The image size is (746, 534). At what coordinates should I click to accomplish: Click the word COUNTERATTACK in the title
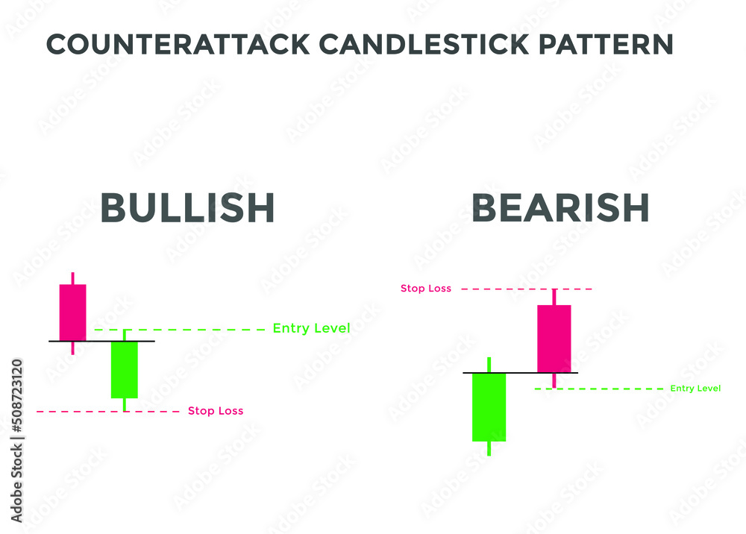point(178,45)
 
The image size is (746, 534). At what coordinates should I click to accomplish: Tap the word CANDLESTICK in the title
point(424,45)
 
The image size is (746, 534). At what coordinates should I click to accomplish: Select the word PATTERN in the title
point(606,45)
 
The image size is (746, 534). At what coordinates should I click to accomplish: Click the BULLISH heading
point(187,208)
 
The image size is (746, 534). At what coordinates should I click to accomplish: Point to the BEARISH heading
point(560,208)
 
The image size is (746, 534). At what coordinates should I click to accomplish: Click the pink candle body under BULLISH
point(73,312)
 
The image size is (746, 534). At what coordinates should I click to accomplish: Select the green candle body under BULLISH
point(124,370)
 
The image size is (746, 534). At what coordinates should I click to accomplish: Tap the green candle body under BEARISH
point(489,407)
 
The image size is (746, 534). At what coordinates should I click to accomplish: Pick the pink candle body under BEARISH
point(554,339)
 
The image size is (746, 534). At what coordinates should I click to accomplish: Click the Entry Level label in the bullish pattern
point(312,329)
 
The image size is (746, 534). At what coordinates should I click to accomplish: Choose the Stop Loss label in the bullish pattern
point(216,411)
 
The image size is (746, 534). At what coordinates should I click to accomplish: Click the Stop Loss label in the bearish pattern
point(426,288)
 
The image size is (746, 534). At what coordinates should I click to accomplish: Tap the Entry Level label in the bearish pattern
point(695,389)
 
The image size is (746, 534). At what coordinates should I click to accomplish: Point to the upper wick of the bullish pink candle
point(73,278)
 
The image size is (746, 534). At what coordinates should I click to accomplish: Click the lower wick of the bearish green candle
point(489,449)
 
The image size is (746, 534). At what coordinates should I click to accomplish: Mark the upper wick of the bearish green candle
point(489,365)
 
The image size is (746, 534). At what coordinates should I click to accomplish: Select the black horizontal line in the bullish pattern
point(101,341)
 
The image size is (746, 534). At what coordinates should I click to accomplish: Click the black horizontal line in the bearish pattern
point(521,373)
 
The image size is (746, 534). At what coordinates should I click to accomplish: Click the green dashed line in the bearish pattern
point(599,389)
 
